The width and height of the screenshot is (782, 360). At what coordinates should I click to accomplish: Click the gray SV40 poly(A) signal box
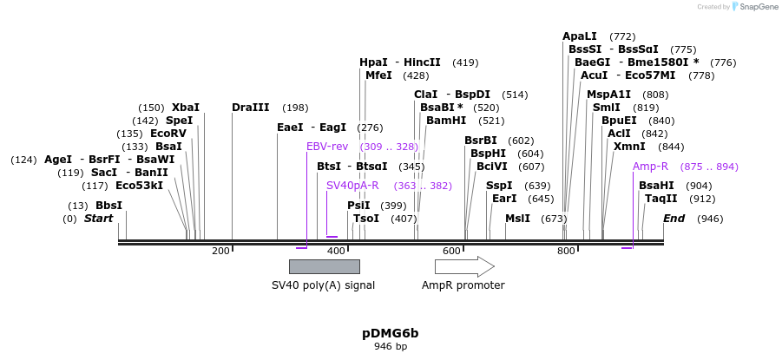(324, 266)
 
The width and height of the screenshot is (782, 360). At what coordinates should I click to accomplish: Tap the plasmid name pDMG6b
(390, 333)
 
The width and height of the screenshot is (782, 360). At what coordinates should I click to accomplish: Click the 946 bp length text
(390, 346)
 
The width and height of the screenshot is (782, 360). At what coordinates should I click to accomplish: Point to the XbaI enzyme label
(185, 108)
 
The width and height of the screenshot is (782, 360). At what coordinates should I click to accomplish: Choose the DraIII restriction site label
(251, 108)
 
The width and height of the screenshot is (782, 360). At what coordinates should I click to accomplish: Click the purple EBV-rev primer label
(327, 147)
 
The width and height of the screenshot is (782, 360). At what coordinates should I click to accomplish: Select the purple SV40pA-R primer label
(352, 186)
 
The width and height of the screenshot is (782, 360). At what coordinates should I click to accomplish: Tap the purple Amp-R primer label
(650, 167)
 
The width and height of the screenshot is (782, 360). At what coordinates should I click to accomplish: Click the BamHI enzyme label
(447, 121)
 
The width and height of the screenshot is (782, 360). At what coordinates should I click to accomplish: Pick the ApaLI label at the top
(580, 36)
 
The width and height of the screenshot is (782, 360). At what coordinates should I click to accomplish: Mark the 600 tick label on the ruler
(451, 252)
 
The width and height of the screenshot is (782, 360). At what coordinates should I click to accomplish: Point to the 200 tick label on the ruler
(220, 252)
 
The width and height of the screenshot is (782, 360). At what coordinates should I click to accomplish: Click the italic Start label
(98, 219)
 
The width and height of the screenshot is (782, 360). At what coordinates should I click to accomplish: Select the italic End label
(674, 219)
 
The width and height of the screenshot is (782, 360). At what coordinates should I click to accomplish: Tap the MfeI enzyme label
(378, 75)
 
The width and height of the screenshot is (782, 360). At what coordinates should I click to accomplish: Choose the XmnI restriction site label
(629, 147)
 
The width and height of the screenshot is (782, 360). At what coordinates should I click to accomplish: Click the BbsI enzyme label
(108, 206)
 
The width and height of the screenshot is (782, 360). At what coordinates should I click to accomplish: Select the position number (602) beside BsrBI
(521, 141)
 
